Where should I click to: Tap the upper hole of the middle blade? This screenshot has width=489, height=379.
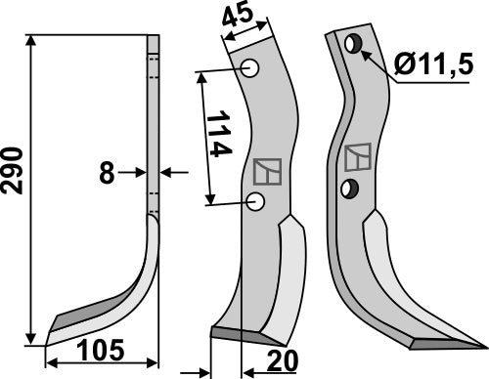249,69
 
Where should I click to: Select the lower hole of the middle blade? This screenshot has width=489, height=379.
256,202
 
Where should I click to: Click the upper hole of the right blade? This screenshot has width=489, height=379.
353,44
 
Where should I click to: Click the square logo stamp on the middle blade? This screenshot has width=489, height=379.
265,172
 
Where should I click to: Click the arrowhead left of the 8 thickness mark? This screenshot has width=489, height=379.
141,173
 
